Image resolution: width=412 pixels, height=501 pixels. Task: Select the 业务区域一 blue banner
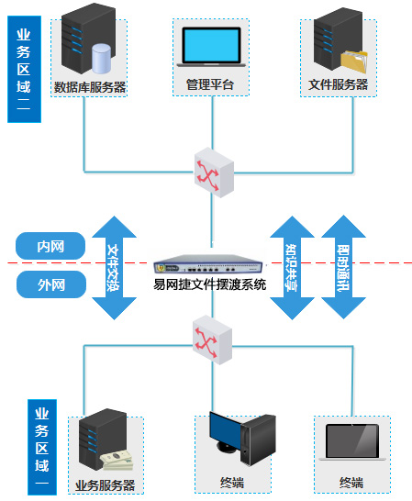pos(42,447)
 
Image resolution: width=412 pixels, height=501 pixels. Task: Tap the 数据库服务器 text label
pos(90,88)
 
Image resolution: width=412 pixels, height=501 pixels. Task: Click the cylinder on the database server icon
pos(102,57)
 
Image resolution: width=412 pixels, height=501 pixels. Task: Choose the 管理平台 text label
pos(210,85)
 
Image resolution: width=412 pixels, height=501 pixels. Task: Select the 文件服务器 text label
pos(339,84)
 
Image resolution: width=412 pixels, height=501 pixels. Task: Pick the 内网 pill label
pos(51,246)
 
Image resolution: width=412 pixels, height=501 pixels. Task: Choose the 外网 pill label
pos(51,285)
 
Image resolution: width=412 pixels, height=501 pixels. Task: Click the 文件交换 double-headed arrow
pos(114,267)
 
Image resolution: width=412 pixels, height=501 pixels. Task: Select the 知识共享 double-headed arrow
pos(291,267)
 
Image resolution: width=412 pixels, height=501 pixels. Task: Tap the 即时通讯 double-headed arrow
pos(343,267)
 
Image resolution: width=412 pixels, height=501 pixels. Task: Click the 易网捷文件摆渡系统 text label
pos(210,284)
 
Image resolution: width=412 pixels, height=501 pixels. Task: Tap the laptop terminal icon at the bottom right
pos(351,442)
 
